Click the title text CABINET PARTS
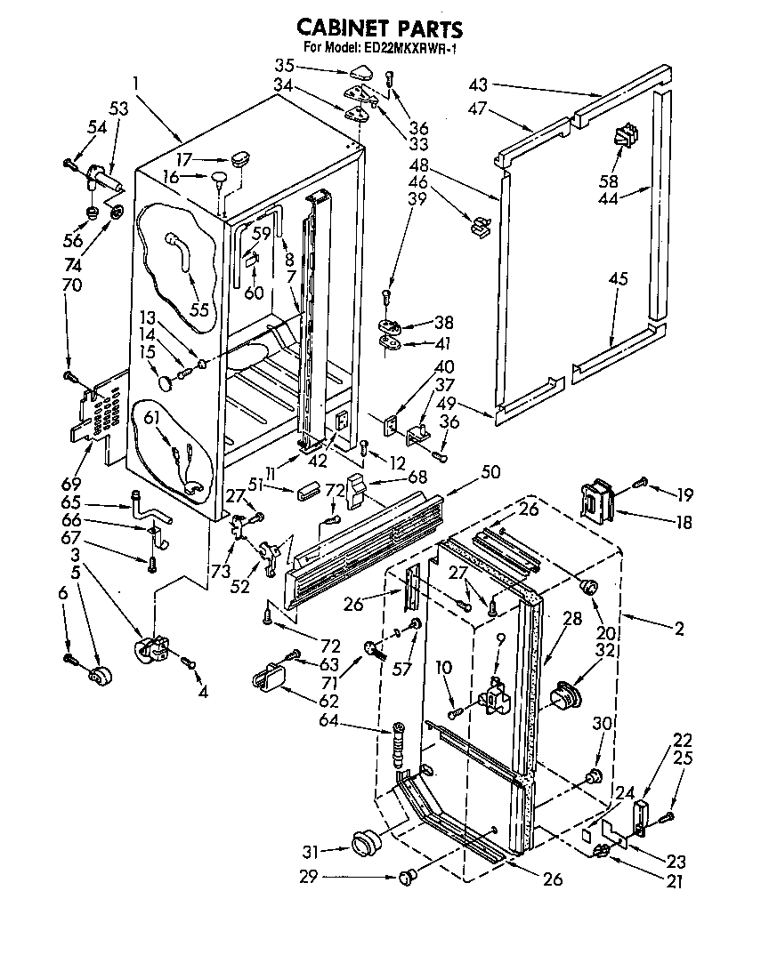[x=379, y=29]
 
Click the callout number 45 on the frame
[x=618, y=280]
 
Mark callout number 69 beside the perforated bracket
[x=70, y=485]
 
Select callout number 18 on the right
[x=683, y=523]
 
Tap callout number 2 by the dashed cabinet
[x=679, y=629]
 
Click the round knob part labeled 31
[x=365, y=841]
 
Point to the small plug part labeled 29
[x=409, y=878]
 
